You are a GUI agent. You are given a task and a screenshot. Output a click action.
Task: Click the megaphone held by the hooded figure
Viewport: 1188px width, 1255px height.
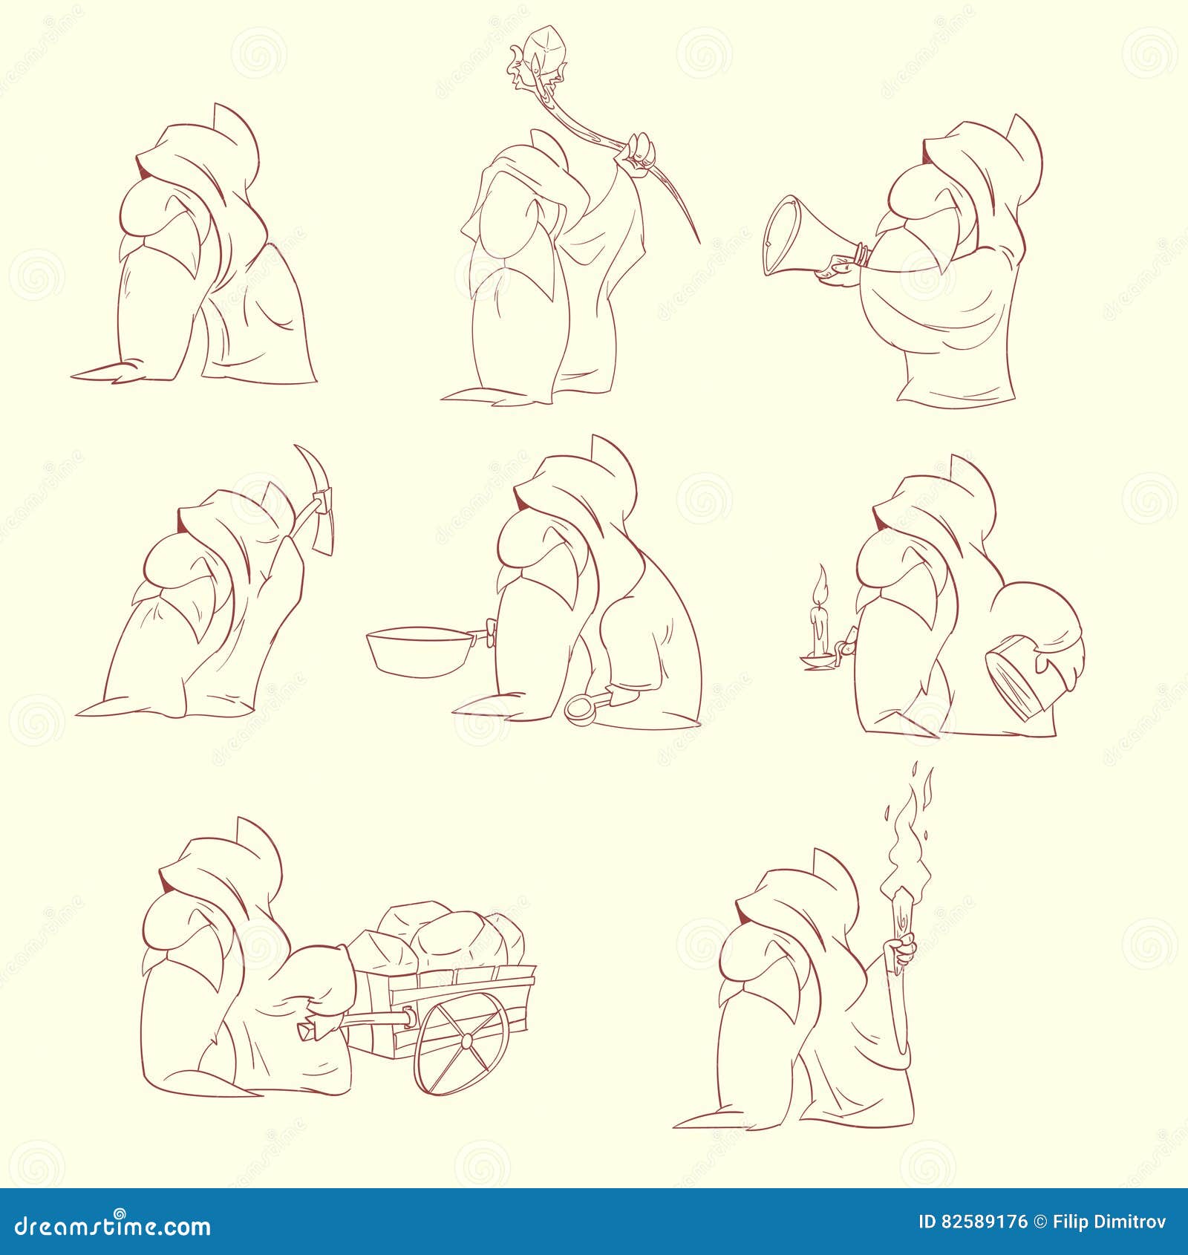(x=798, y=235)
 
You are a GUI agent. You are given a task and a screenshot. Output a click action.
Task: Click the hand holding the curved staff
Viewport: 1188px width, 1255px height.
(x=642, y=149)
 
